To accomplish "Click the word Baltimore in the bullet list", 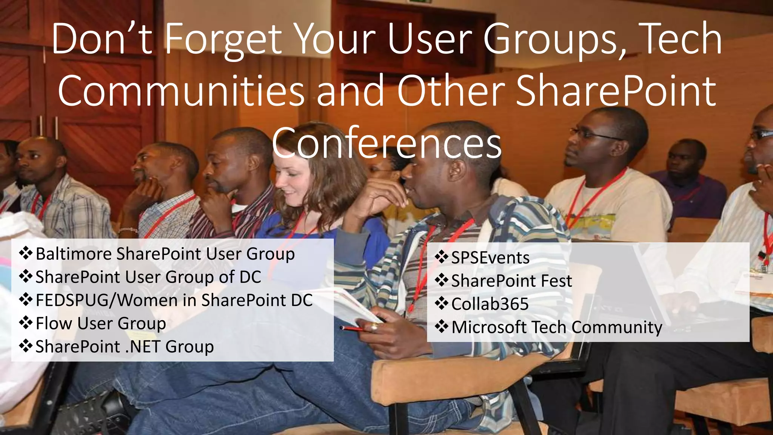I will click(74, 254).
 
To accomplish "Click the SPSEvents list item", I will click(490, 258).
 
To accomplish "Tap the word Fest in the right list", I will click(556, 281).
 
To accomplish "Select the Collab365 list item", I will click(490, 304).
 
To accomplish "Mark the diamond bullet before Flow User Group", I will click(26, 323).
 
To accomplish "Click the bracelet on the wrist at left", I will click(128, 230).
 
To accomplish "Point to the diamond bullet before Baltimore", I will click(26, 253).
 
